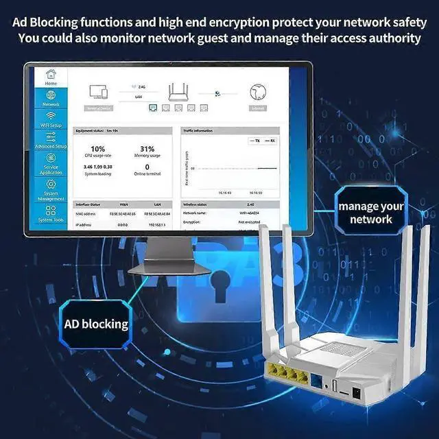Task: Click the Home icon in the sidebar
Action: coord(51,75)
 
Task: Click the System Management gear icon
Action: coord(51,185)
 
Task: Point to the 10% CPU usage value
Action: coord(98,149)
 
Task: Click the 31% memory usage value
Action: coord(147,149)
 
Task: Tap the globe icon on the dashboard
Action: coord(257,93)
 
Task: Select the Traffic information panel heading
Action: coord(199,130)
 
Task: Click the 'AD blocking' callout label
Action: coord(96,324)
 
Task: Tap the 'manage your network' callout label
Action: coord(371,213)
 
